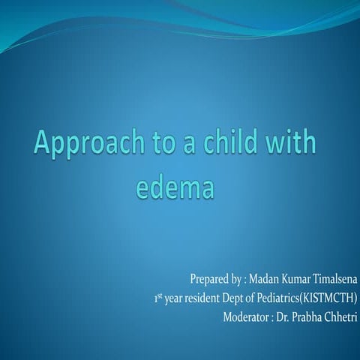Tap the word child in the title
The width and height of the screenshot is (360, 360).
pyautogui.click(x=224, y=142)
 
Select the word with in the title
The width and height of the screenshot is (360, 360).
pyautogui.click(x=289, y=142)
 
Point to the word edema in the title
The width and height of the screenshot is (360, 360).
pyautogui.click(x=175, y=185)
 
